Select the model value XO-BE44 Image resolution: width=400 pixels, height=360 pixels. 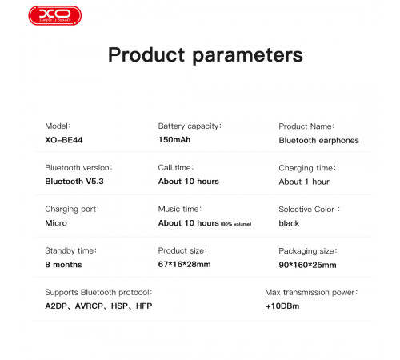pyautogui.click(x=64, y=140)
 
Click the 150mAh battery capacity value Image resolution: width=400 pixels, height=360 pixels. pyautogui.click(x=174, y=140)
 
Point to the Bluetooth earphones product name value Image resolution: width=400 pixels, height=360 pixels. pyautogui.click(x=318, y=140)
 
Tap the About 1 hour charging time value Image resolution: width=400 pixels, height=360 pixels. pyautogui.click(x=304, y=182)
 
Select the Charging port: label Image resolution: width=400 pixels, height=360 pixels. pyautogui.click(x=71, y=209)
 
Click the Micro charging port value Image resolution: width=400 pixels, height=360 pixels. pyautogui.click(x=56, y=223)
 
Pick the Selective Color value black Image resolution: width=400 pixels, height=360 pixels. pyautogui.click(x=289, y=223)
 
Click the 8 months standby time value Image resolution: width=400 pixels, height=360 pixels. pyautogui.click(x=63, y=265)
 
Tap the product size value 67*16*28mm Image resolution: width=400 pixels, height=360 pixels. pyautogui.click(x=184, y=265)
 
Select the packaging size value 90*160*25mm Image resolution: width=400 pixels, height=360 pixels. pyautogui.click(x=307, y=265)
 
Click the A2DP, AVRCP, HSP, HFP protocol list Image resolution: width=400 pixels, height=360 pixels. pyautogui.click(x=98, y=306)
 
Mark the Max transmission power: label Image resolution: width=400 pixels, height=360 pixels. pyautogui.click(x=310, y=292)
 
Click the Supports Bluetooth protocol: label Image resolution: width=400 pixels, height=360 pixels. pyautogui.click(x=98, y=292)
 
